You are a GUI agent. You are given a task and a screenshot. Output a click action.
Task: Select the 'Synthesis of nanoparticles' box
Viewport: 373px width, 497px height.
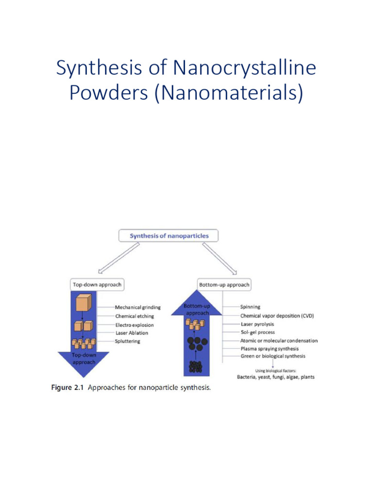[169, 236]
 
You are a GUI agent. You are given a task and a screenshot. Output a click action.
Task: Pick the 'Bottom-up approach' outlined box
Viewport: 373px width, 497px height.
[224, 284]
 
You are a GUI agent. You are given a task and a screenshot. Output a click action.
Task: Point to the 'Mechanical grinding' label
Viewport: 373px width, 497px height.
[137, 307]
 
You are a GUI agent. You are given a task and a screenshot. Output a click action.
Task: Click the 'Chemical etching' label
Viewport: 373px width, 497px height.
[134, 316]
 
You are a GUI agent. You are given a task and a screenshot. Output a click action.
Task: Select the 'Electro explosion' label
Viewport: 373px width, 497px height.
[135, 325]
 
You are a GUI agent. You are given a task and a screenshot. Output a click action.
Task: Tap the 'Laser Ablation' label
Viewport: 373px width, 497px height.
[132, 333]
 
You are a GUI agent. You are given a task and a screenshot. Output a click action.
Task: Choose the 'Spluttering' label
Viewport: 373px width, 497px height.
[127, 341]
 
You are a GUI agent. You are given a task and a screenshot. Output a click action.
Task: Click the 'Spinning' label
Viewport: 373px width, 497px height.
[250, 307]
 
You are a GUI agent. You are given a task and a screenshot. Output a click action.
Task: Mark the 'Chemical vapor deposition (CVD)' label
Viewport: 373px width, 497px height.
[277, 315]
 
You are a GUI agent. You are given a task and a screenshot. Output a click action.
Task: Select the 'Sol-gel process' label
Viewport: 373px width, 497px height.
[257, 332]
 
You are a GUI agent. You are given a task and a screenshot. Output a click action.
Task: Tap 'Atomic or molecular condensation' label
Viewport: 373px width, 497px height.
[279, 341]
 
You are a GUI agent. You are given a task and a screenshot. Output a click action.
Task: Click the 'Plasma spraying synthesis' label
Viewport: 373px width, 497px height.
[269, 348]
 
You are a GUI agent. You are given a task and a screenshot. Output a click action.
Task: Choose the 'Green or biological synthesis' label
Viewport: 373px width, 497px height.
[272, 356]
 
